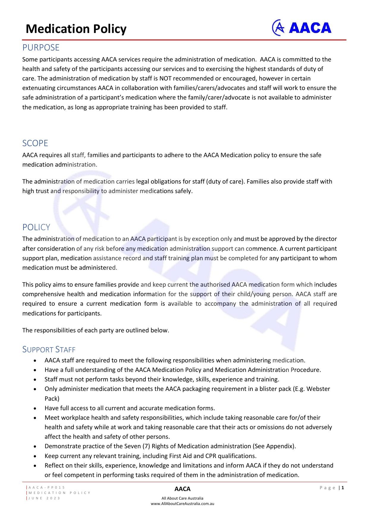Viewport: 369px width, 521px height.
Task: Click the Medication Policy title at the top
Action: [76, 29]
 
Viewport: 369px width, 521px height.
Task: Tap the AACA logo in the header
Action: [302, 28]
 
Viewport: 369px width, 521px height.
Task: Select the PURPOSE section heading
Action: [41, 48]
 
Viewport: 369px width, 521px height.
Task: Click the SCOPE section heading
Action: [35, 143]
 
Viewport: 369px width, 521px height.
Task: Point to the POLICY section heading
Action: [36, 227]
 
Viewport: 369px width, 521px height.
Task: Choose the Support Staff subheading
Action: [49, 349]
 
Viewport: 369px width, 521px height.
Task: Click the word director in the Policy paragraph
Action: [326, 239]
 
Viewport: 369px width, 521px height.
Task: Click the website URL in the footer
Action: [182, 503]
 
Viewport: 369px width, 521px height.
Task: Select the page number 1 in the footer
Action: [343, 487]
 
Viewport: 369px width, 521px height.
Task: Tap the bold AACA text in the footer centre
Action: [182, 489]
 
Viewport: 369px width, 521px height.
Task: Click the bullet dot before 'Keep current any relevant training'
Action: [35, 456]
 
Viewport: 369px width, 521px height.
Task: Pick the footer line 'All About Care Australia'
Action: [182, 498]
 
